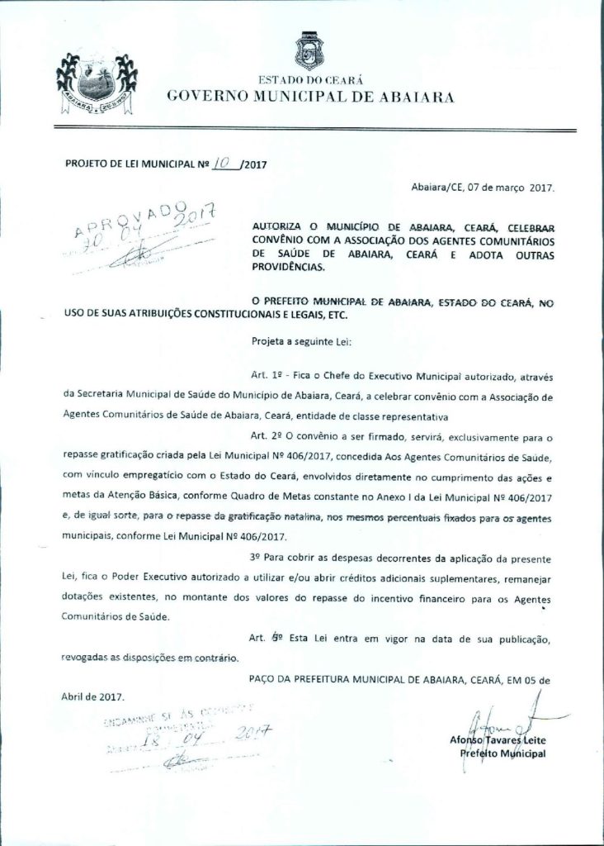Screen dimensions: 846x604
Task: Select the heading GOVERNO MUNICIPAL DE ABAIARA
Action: coord(309,96)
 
